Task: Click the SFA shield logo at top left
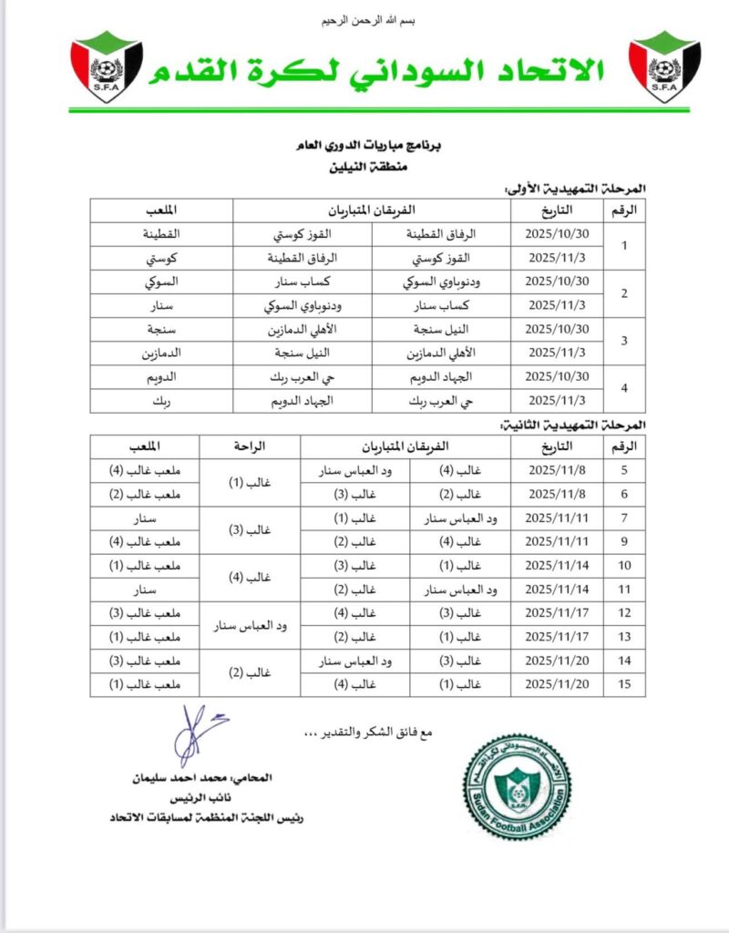point(107,68)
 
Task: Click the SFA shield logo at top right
point(665,68)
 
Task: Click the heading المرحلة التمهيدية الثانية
point(575,425)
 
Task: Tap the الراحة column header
point(251,446)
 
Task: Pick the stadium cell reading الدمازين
point(161,351)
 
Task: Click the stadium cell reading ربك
point(161,398)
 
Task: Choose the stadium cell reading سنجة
point(161,327)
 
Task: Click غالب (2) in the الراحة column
point(251,672)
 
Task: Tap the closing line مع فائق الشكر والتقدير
point(374,732)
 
